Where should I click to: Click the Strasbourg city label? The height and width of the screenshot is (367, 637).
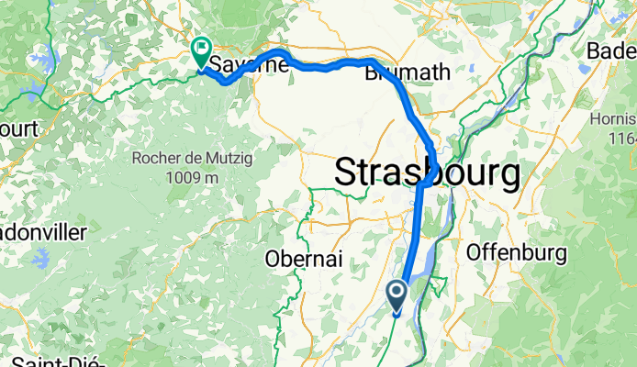427,172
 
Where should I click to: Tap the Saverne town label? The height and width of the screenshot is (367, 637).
244,64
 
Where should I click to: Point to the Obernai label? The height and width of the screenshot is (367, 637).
304,259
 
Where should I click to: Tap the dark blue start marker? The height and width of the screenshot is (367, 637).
397,295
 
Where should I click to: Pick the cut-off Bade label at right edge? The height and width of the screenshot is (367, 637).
612,50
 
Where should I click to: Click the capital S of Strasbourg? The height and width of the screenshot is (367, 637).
348,172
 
